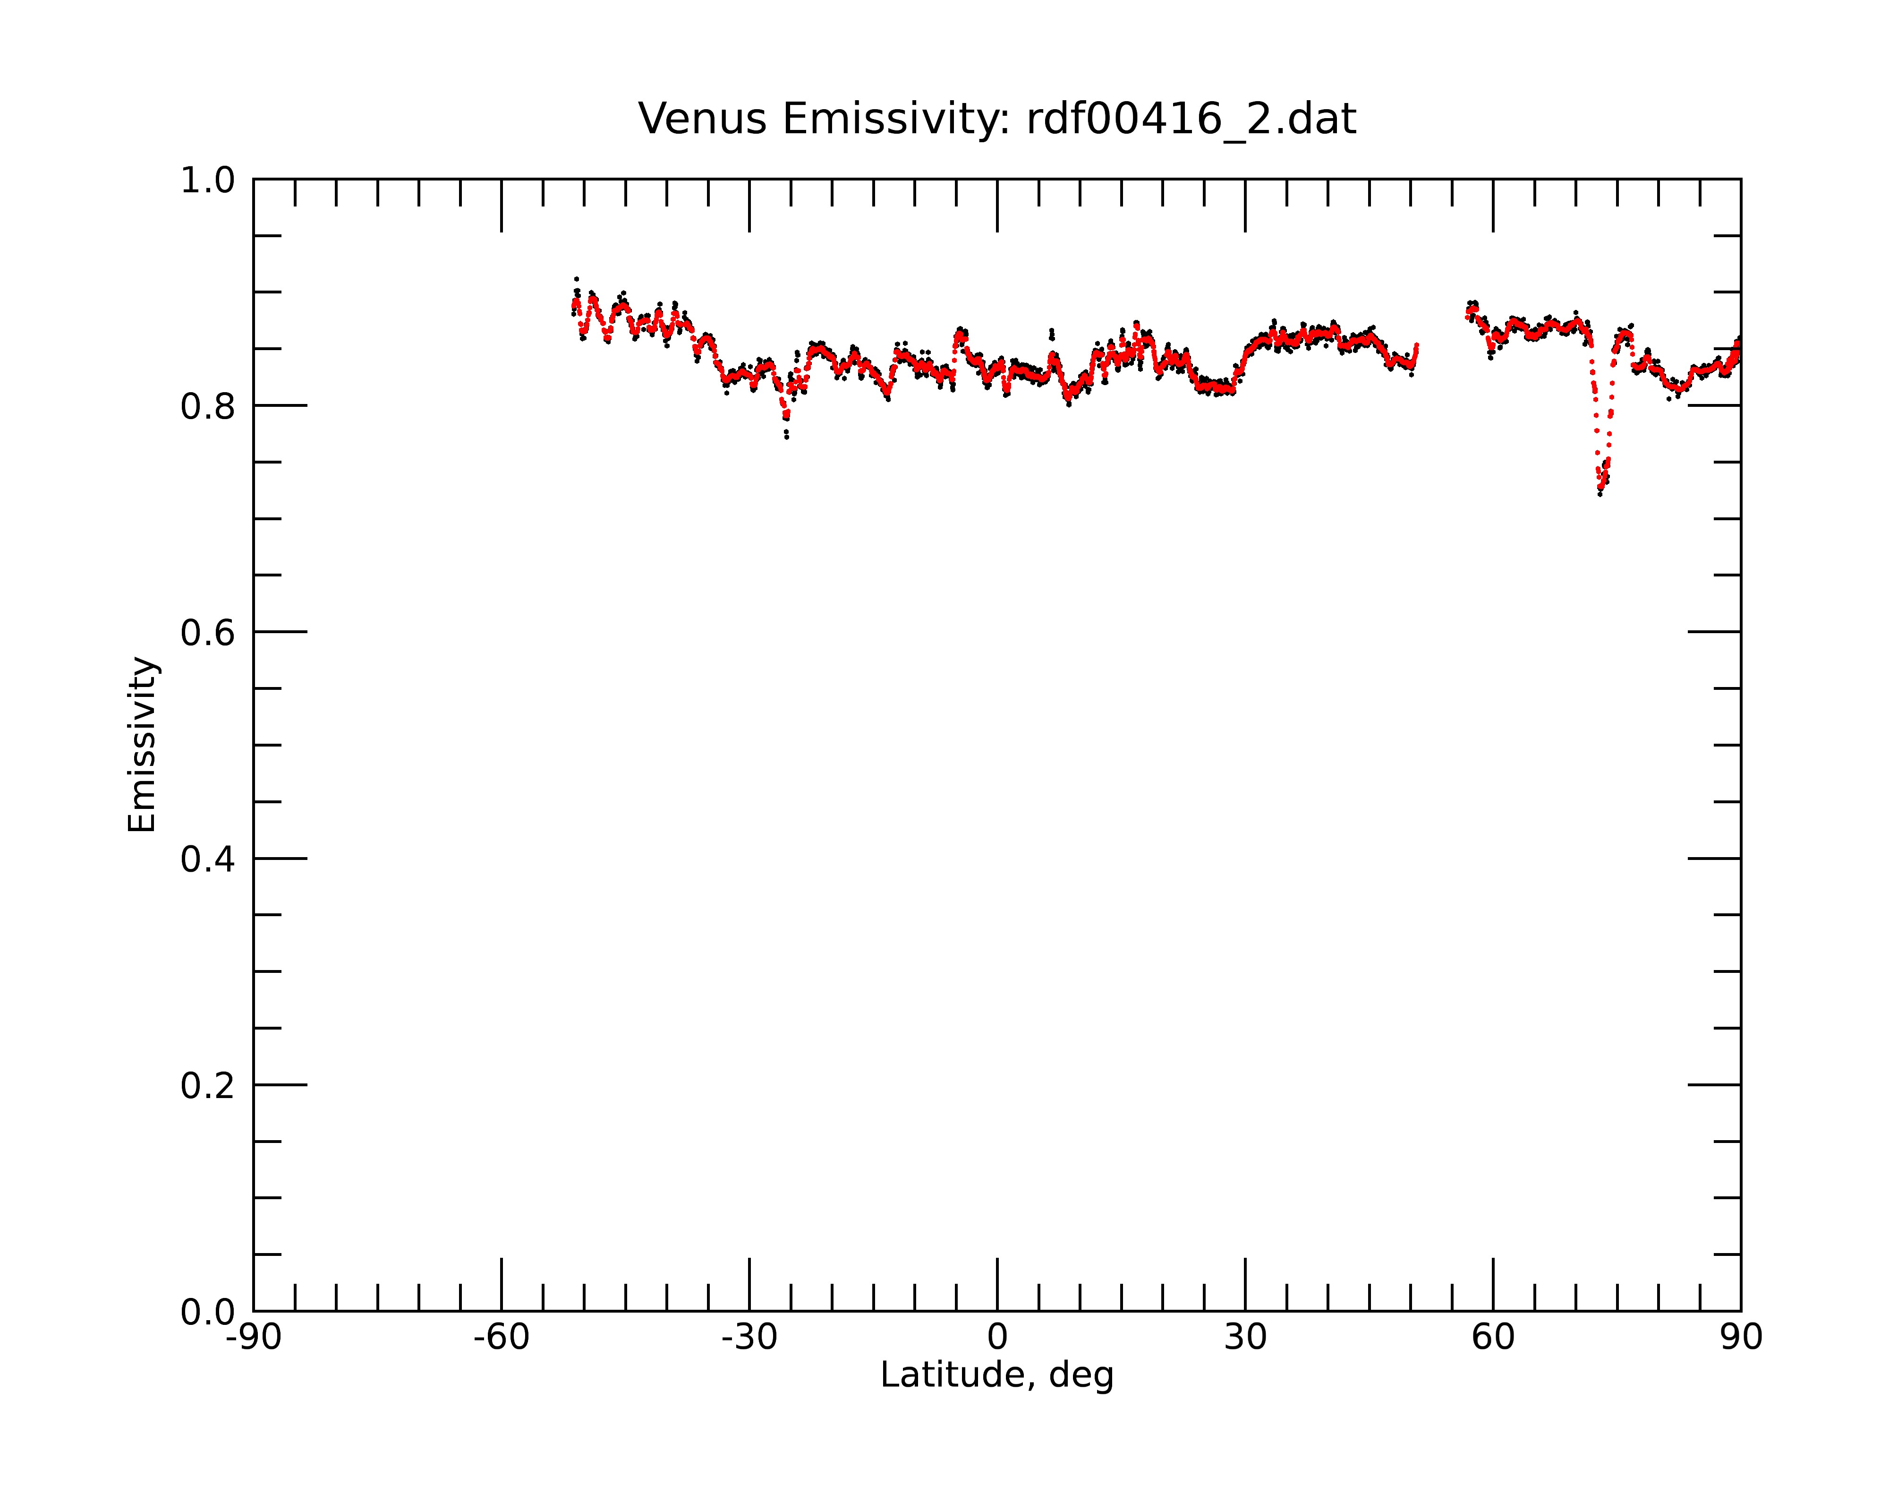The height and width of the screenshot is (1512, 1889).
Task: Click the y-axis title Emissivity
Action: pos(142,744)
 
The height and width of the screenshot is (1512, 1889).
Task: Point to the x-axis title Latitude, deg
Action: pos(997,1375)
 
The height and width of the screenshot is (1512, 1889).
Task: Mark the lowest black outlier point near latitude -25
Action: pos(787,437)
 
